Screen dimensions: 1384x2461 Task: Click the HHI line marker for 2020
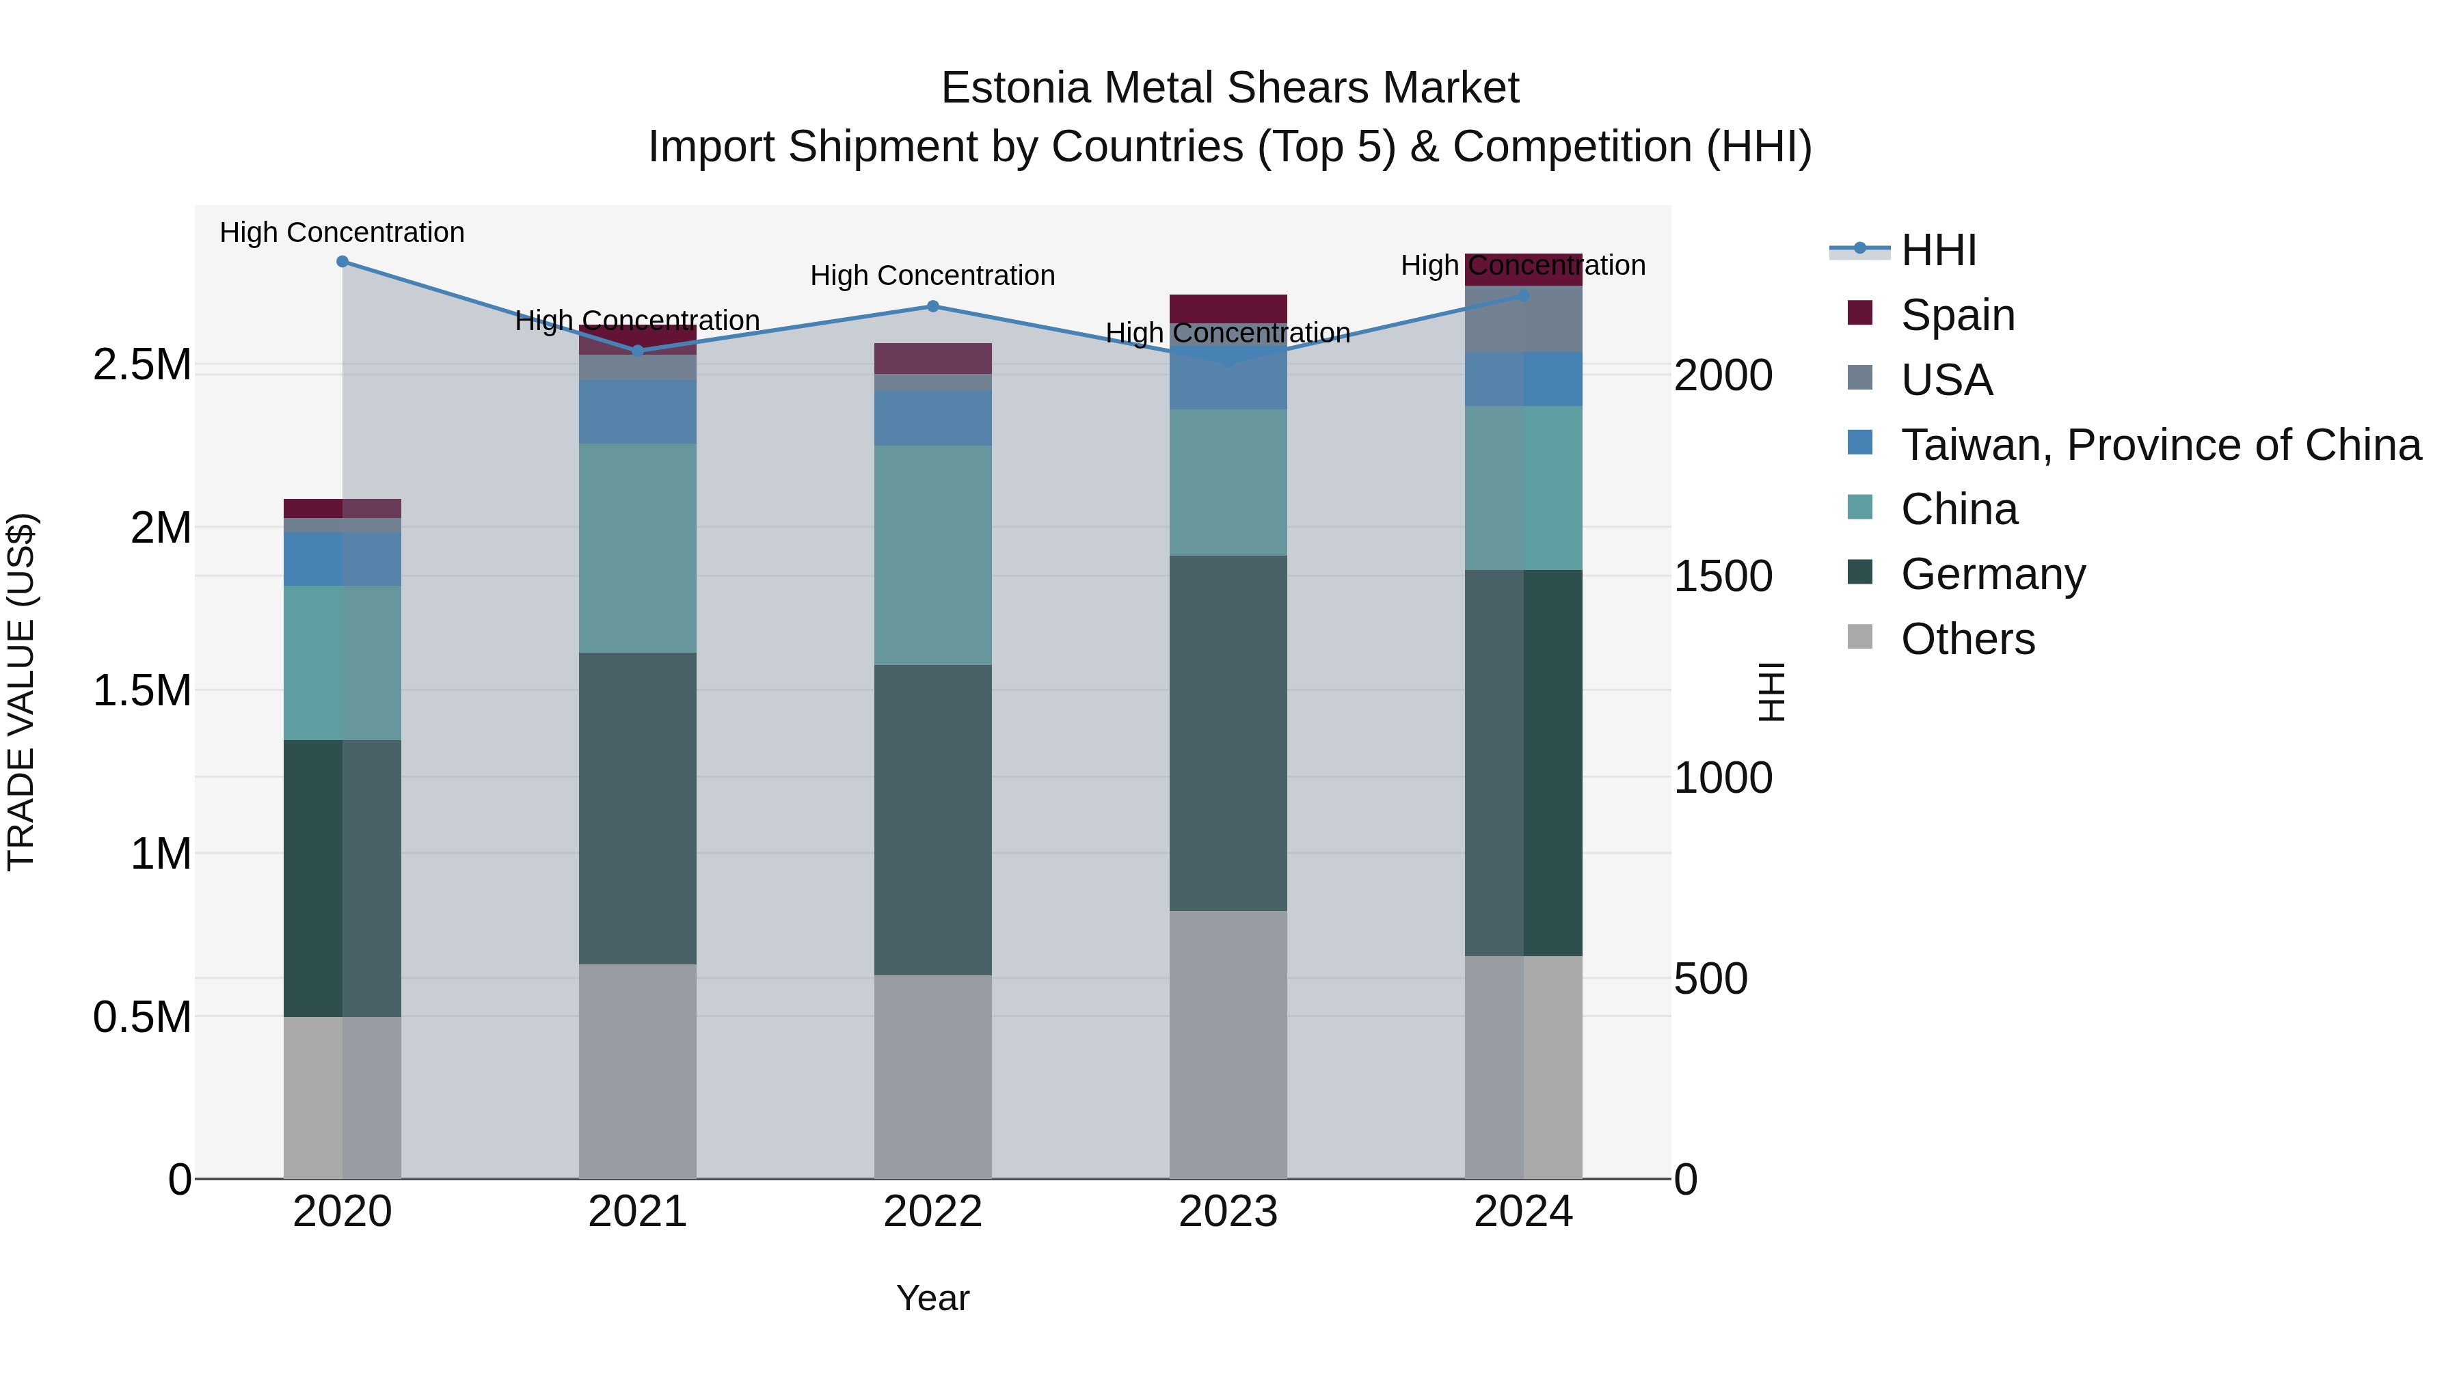[x=342, y=262]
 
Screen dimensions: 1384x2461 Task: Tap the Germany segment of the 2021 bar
[x=637, y=808]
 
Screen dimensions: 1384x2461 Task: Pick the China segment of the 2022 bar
[x=932, y=555]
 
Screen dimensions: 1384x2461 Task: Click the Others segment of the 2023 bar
[x=1228, y=1044]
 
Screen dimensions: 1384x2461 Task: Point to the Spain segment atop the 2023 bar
[x=1228, y=308]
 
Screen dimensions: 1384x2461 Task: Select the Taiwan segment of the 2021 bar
[x=637, y=411]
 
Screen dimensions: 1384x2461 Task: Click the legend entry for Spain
[x=1958, y=315]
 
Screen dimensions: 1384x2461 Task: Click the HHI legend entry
[x=1939, y=250]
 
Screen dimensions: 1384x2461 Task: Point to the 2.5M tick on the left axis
[x=142, y=365]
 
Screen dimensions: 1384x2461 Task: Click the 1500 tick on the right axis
[x=1723, y=576]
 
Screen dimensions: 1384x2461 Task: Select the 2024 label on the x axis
[x=1523, y=1212]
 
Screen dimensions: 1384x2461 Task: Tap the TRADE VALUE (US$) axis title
[x=21, y=692]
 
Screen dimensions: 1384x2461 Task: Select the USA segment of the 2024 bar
[x=1523, y=319]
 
